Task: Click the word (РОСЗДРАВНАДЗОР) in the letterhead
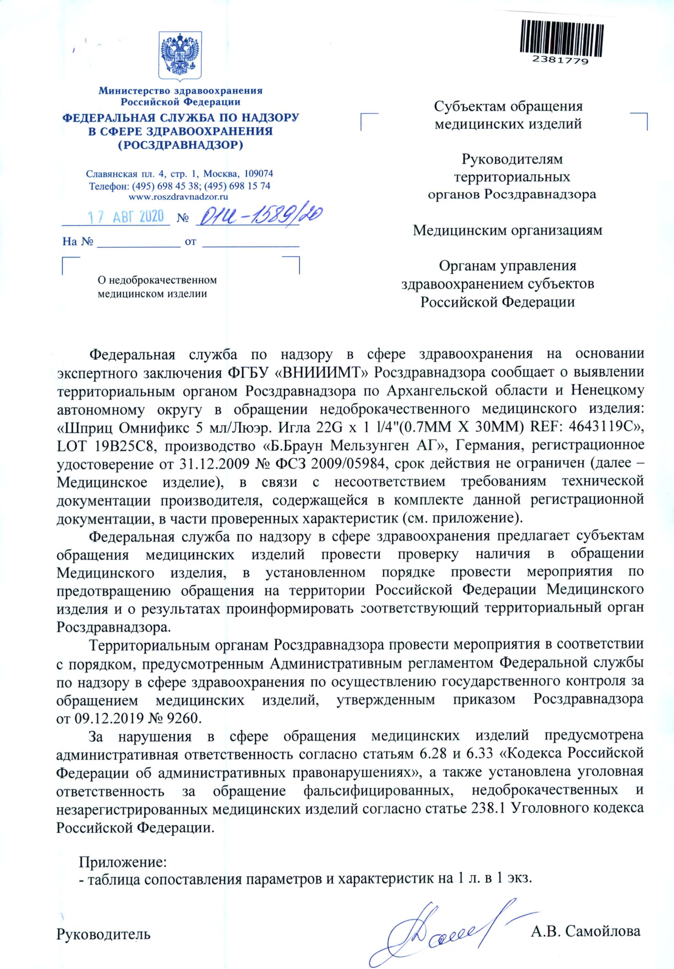coord(181,146)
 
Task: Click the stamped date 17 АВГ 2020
coord(126,217)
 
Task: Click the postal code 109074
coord(258,173)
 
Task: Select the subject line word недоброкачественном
coord(157,280)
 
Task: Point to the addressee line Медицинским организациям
coord(508,231)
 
